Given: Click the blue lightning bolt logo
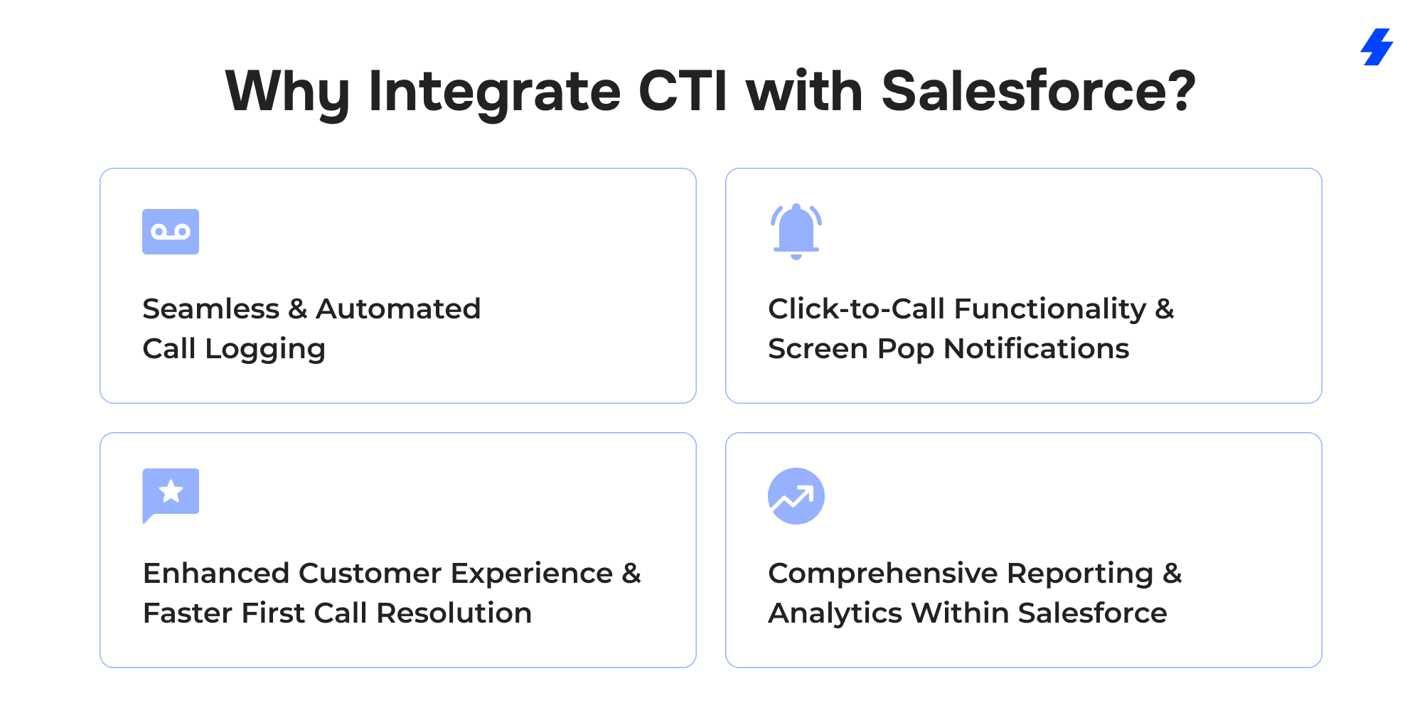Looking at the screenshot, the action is pos(1377,47).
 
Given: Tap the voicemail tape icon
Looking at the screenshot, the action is pos(171,232).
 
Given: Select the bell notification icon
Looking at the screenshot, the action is pos(796,232).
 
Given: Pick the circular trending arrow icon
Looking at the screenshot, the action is pos(796,496).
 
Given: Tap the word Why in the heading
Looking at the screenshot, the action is pos(287,92).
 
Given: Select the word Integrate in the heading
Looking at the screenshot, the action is pos(495,92).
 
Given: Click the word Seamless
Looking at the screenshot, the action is pos(211,308).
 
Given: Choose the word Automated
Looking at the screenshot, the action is pos(398,308).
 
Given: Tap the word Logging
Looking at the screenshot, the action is pos(265,349).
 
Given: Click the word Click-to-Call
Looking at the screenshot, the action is pos(857,308).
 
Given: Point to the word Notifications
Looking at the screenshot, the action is pos(1037,348).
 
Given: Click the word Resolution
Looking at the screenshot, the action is pos(454,613).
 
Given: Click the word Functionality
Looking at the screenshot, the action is pos(1050,309).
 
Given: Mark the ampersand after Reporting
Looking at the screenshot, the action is pos(1172,573).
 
